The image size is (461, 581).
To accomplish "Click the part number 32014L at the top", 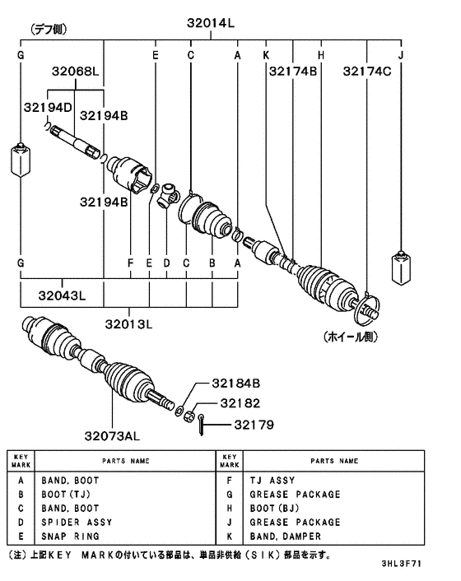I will pos(209,25).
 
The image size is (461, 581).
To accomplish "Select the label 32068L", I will pos(76,73).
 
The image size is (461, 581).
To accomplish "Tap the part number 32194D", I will pos(49,108).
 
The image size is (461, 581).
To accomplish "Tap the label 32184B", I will pos(235,383).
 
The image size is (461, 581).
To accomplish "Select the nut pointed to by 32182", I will pos(188,413).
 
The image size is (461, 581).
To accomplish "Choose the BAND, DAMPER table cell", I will pos(284,536).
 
